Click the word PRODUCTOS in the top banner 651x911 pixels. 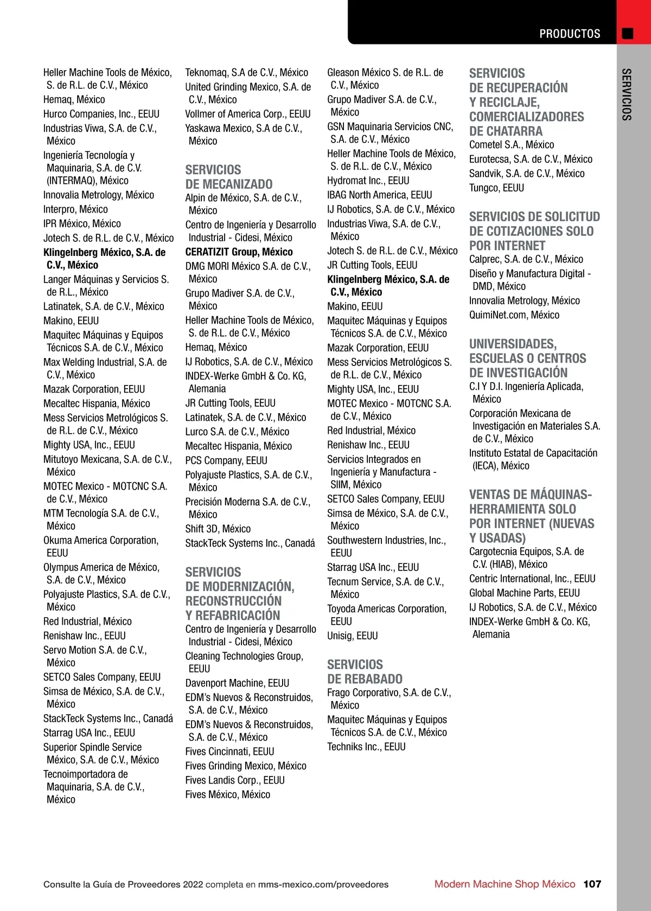[x=570, y=34]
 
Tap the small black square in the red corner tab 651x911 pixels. [x=628, y=34]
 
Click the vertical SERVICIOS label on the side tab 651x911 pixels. [x=627, y=94]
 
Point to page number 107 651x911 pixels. [x=592, y=884]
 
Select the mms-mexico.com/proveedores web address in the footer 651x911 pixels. [x=323, y=884]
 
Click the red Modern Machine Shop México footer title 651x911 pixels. [x=505, y=884]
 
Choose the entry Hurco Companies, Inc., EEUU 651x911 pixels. [x=101, y=114]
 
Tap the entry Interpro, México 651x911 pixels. [x=75, y=209]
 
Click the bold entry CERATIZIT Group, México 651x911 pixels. [x=239, y=252]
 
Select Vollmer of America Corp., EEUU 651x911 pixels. [x=248, y=114]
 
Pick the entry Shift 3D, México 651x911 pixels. [x=218, y=529]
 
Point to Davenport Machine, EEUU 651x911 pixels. [x=237, y=683]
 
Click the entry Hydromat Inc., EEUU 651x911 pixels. [x=368, y=181]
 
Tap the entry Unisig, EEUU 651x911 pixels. [x=353, y=636]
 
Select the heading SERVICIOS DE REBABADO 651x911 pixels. [x=365, y=671]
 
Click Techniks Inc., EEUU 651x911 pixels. [x=366, y=747]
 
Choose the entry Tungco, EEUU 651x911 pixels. [x=496, y=188]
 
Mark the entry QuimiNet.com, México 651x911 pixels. [x=514, y=315]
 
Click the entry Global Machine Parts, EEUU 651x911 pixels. [x=525, y=593]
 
